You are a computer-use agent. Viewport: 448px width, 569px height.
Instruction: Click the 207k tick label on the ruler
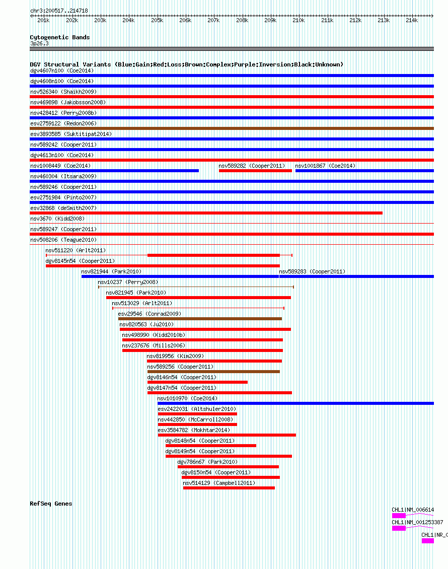pos(213,20)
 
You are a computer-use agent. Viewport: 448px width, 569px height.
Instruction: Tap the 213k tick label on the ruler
pos(384,20)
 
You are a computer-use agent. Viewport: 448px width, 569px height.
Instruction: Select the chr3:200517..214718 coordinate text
pos(59,11)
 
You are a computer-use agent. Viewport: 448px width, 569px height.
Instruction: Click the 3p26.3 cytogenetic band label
pos(40,43)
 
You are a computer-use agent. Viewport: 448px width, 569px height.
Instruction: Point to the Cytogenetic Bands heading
pos(60,37)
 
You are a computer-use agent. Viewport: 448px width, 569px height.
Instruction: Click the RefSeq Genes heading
pos(51,504)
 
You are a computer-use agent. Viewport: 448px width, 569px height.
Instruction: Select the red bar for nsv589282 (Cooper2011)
pos(255,171)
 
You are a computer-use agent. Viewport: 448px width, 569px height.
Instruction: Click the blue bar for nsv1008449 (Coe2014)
pos(114,171)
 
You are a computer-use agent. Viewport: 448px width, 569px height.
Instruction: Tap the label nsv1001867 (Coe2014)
pos(325,166)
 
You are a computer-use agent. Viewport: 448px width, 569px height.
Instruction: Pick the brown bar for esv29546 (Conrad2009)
pos(200,319)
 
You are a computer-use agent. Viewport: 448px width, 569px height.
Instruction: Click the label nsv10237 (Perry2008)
pos(128,282)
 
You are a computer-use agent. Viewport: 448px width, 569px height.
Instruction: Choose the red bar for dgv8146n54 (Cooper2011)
pos(197,382)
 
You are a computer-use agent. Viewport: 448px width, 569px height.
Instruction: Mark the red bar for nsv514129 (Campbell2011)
pos(229,488)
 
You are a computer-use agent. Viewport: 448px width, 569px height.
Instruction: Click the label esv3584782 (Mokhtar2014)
pos(194,430)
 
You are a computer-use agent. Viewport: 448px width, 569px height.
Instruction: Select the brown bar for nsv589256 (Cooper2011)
pos(213,372)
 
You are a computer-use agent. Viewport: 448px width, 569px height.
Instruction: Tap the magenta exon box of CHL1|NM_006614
pos(399,516)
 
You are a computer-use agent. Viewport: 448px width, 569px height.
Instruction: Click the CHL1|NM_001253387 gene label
pos(417,522)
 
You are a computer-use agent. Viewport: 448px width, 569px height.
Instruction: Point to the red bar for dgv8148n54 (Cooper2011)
pos(211,446)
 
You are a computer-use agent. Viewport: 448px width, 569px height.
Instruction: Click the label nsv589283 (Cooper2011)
pos(312,271)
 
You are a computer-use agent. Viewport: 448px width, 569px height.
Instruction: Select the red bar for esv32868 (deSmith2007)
pos(206,213)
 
